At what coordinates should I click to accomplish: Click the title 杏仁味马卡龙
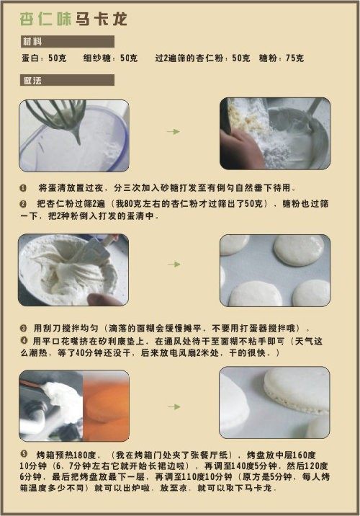(x=73, y=19)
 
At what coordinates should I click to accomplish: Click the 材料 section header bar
(x=67, y=42)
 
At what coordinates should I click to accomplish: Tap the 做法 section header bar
(x=67, y=80)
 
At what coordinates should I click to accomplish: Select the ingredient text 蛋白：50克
(x=44, y=58)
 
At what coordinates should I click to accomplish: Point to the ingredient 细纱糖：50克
(x=110, y=58)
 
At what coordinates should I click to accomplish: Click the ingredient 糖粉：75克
(x=281, y=58)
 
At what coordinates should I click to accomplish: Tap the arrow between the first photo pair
(x=174, y=132)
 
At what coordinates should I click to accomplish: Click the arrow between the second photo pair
(x=174, y=264)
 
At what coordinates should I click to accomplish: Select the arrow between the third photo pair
(x=174, y=406)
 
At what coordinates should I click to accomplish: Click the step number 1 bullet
(x=23, y=188)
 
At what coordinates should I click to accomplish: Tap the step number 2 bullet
(x=23, y=204)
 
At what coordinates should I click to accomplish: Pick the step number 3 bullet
(x=23, y=328)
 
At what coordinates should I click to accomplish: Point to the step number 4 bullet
(x=24, y=340)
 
